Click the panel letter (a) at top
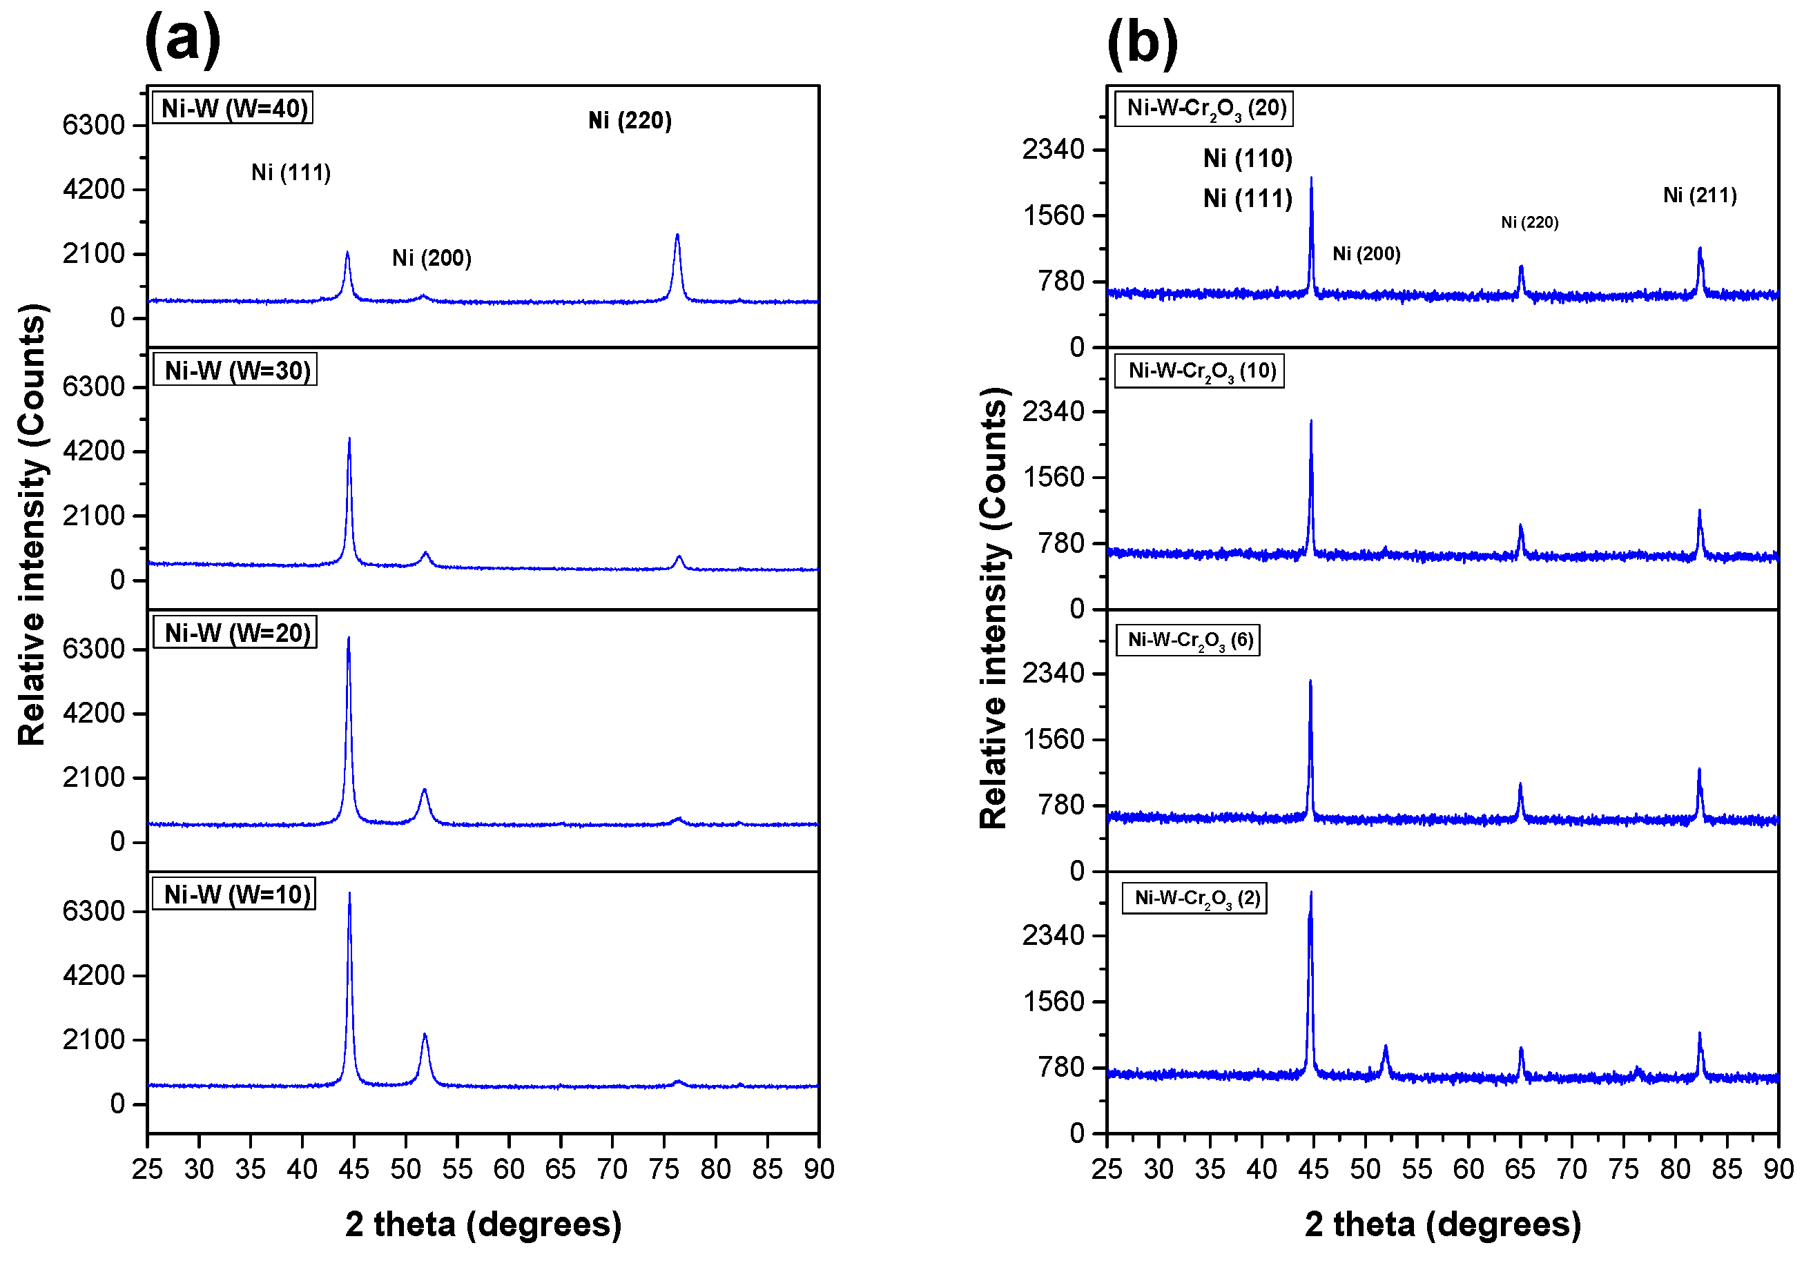click(x=182, y=39)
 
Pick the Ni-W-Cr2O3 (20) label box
click(x=1204, y=108)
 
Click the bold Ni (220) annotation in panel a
click(x=630, y=121)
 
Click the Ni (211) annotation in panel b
click(x=1699, y=195)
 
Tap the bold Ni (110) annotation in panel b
click(x=1248, y=159)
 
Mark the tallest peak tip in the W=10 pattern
click(x=349, y=895)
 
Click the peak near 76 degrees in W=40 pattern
click(x=677, y=236)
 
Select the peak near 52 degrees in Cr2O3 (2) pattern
click(x=1385, y=1048)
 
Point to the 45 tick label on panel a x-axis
click(x=353, y=1169)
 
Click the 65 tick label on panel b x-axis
click(x=1520, y=1169)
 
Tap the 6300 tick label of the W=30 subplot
click(x=93, y=387)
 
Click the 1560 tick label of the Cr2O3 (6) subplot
click(x=1054, y=740)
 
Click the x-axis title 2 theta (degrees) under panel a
click(x=483, y=1224)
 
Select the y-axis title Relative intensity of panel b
click(x=993, y=608)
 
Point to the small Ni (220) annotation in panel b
click(x=1529, y=223)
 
